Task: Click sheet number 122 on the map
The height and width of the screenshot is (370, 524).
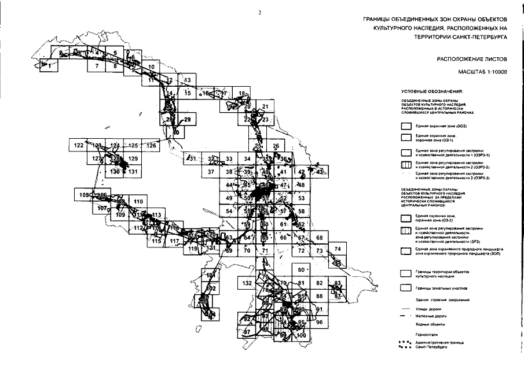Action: (79, 146)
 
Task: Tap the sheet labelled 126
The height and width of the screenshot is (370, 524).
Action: (152, 146)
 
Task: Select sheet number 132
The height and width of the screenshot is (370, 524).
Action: (247, 283)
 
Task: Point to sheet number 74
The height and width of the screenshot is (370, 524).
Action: (338, 249)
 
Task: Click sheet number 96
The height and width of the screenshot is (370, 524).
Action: (319, 322)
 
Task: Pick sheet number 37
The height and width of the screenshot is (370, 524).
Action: (211, 172)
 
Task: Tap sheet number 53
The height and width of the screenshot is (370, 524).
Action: (301, 198)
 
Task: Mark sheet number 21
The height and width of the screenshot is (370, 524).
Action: (265, 106)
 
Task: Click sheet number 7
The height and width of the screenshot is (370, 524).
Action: (97, 66)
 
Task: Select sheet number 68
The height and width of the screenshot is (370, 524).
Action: (319, 238)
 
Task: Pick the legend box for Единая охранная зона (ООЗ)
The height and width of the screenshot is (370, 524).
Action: (406, 125)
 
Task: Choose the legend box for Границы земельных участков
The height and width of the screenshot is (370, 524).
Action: (406, 287)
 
